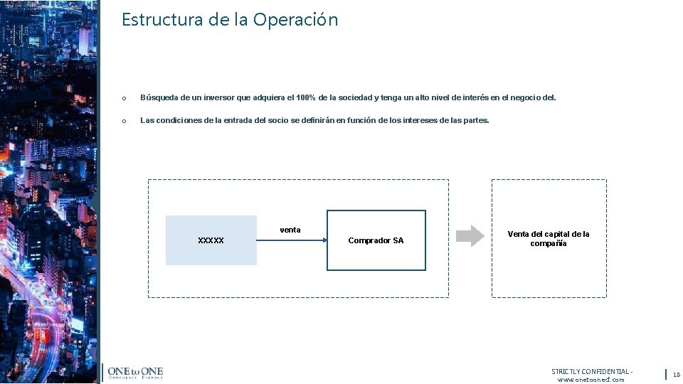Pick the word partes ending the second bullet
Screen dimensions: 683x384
tap(475, 120)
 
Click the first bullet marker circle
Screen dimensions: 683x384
tap(124, 98)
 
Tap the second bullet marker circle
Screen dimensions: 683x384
tap(124, 121)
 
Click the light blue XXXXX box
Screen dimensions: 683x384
tap(211, 240)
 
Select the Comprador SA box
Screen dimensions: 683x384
tap(376, 240)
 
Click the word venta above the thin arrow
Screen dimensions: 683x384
tap(290, 230)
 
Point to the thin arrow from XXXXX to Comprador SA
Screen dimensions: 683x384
tap(292, 240)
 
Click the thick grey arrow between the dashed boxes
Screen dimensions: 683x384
tap(469, 235)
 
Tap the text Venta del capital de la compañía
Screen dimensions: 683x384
tap(548, 238)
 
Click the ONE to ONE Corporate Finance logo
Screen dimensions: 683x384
tap(135, 373)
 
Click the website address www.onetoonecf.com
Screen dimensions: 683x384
tap(591, 380)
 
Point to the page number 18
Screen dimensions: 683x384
tap(676, 375)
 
